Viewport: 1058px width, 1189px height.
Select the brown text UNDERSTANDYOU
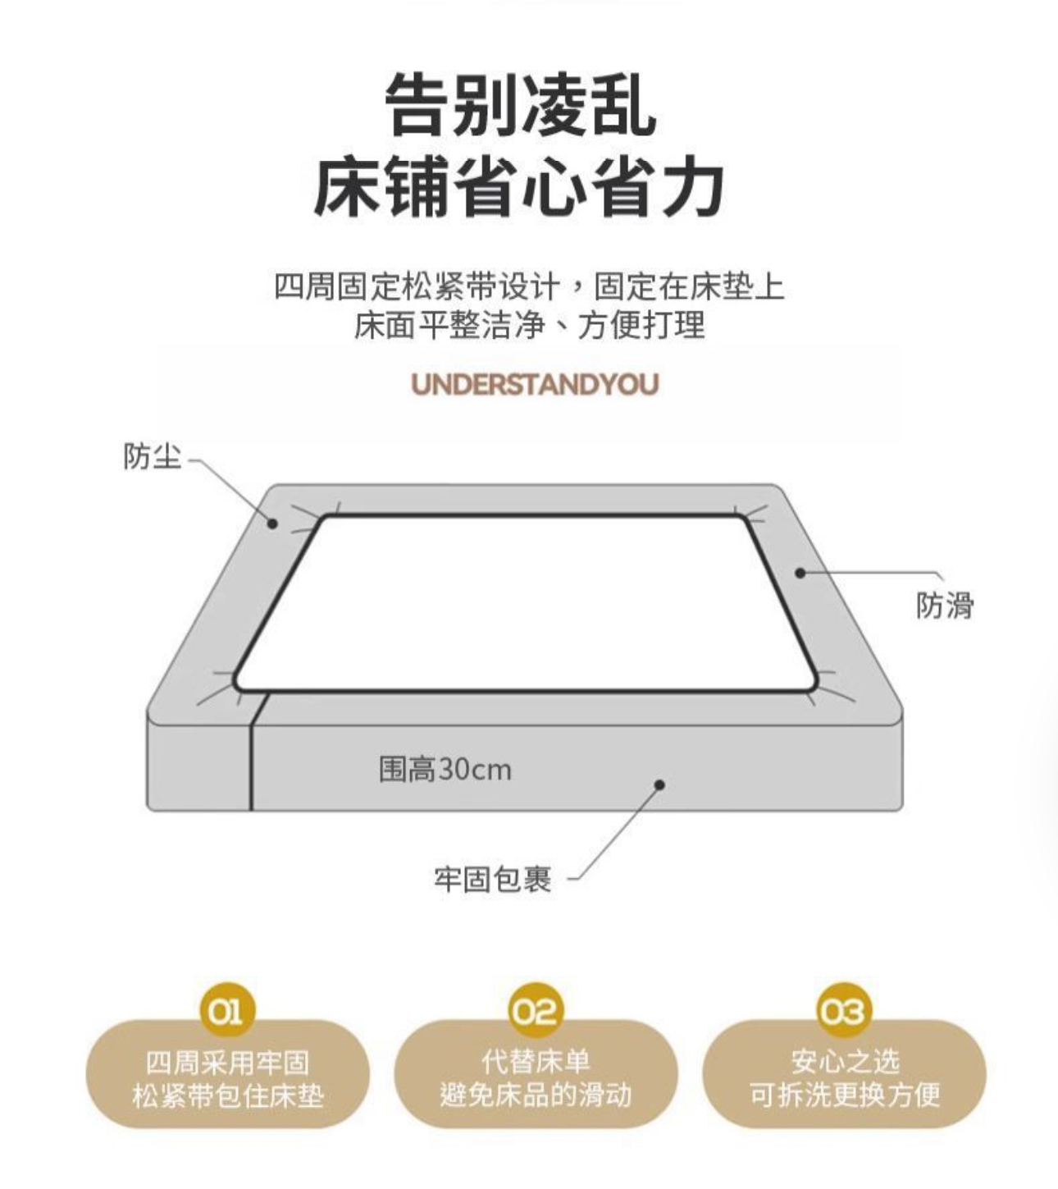[535, 384]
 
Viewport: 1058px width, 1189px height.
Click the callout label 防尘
[152, 456]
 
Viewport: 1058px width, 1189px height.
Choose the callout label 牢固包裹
[493, 895]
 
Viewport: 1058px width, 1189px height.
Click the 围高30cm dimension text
[445, 770]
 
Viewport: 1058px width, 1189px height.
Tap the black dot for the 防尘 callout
[272, 523]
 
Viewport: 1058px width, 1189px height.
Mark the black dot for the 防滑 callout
[800, 572]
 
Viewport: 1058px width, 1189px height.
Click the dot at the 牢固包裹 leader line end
[659, 784]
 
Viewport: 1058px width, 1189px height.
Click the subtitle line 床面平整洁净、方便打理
[529, 326]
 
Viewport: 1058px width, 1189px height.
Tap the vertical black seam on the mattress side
[252, 752]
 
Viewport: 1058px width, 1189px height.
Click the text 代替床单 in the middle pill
[536, 1060]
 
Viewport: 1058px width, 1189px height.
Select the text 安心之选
[845, 1060]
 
